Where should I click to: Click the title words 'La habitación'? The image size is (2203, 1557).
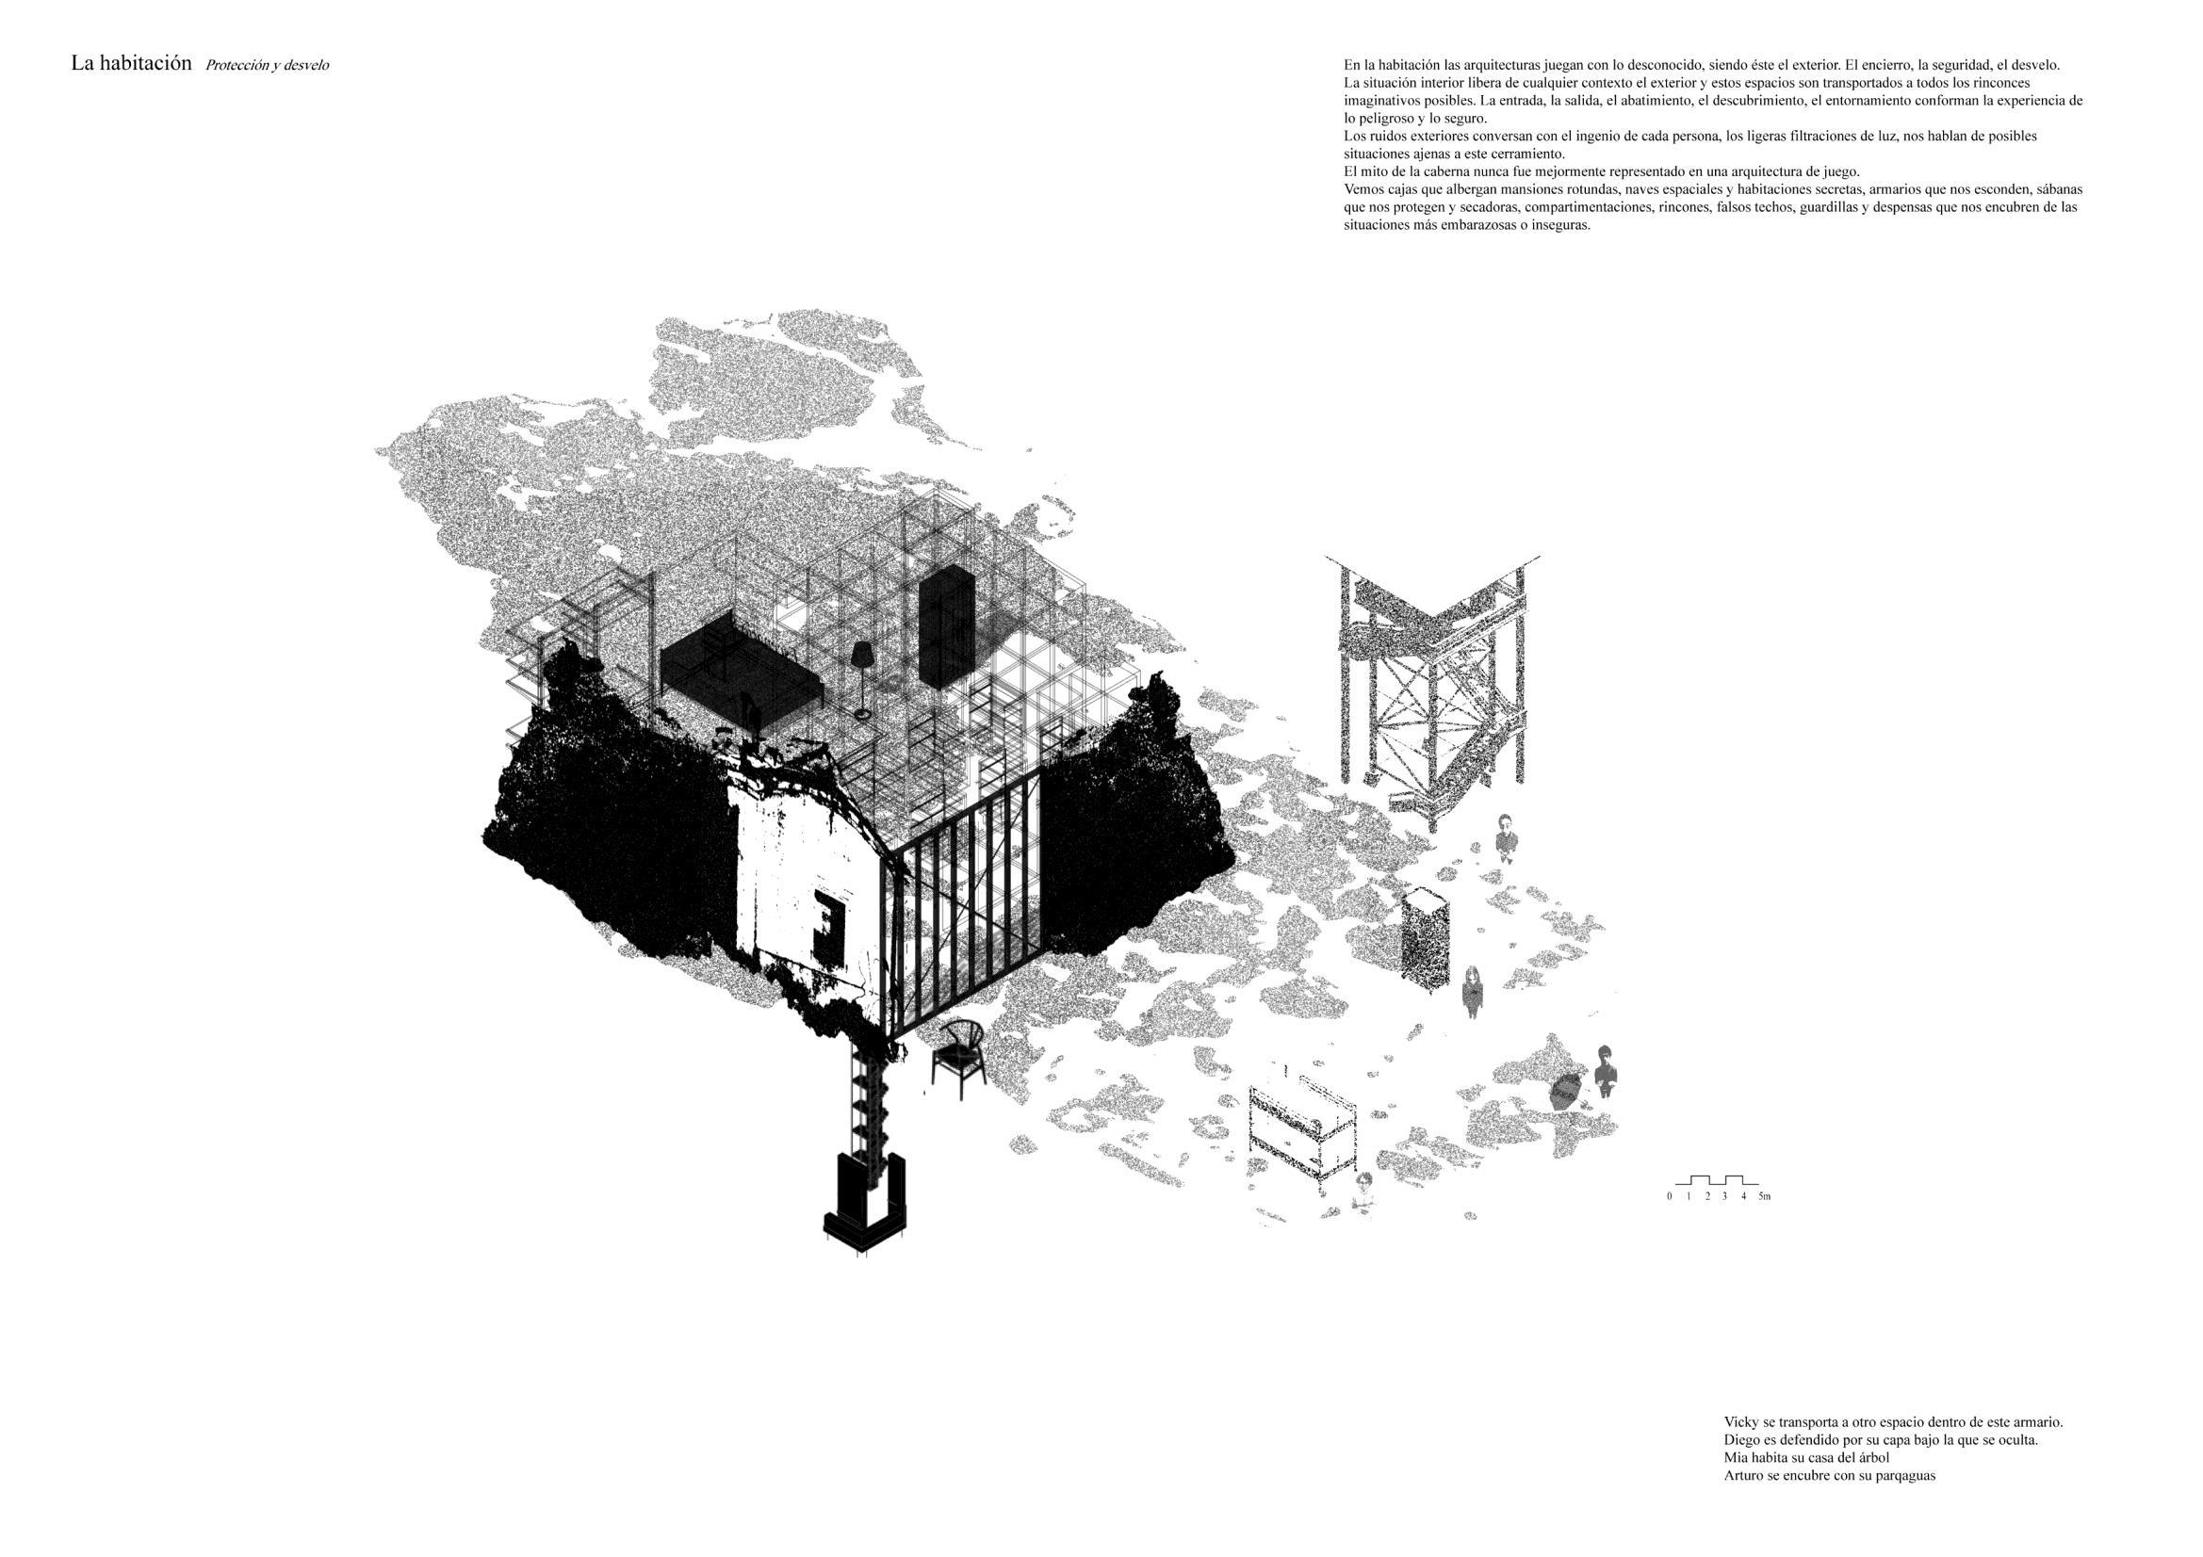(132, 64)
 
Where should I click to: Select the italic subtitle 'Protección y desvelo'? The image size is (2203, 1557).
(267, 65)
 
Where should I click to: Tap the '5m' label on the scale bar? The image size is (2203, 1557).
(1764, 1196)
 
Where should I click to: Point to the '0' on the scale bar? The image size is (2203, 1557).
(1670, 1196)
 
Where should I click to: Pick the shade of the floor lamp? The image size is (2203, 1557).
(861, 655)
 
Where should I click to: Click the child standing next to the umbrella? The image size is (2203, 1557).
(1607, 1072)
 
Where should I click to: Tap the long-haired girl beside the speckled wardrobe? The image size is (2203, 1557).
(1473, 992)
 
